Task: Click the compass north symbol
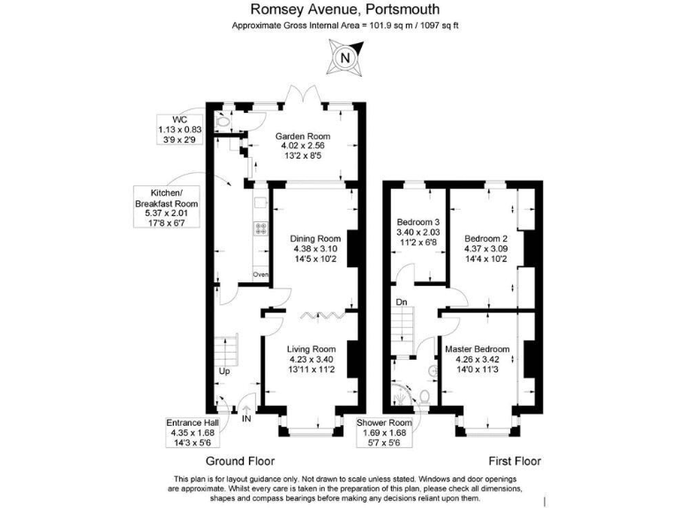(x=345, y=59)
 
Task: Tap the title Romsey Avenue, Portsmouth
(x=344, y=10)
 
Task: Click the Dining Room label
(x=315, y=249)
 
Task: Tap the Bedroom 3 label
(x=418, y=233)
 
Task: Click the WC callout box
(x=180, y=129)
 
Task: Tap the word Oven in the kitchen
(x=260, y=275)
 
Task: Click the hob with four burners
(x=260, y=227)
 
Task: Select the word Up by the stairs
(x=224, y=370)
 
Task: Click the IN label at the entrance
(x=246, y=418)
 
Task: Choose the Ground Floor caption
(x=240, y=461)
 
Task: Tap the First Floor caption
(x=515, y=461)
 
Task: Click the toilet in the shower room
(x=424, y=397)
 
